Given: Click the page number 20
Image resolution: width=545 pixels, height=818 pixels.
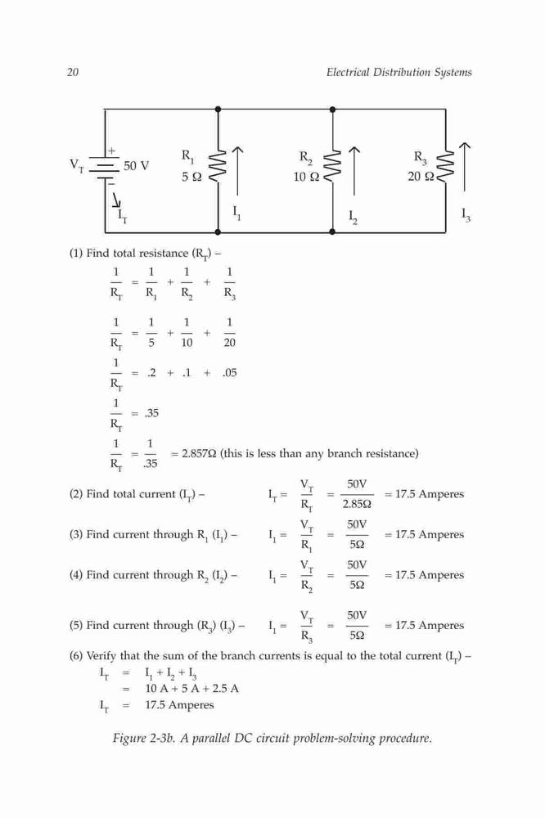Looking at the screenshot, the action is (x=73, y=72).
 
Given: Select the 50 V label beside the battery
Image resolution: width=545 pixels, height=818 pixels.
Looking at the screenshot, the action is (x=136, y=166).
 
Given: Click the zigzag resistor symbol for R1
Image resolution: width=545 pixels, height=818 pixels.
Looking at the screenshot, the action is (x=218, y=165).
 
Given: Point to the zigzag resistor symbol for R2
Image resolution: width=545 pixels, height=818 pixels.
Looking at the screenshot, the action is (x=332, y=165).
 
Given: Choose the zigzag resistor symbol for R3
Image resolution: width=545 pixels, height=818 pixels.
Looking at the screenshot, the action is (x=445, y=165).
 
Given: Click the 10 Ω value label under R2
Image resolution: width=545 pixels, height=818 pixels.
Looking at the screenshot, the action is (x=306, y=177).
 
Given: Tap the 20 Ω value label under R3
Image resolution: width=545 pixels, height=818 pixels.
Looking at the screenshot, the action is (x=421, y=177).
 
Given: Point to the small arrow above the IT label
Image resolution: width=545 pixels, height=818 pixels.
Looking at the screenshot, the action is (x=117, y=200).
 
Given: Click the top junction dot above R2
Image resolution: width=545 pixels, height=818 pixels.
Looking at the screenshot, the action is (x=332, y=110).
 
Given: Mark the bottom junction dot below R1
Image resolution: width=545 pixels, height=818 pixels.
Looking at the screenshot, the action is (x=218, y=231).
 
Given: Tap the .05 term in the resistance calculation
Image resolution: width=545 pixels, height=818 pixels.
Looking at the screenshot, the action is (x=230, y=372).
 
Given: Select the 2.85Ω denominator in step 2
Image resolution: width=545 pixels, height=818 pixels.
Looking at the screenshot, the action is (x=357, y=505).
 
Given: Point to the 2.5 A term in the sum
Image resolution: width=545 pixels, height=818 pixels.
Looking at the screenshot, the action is (x=226, y=688).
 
